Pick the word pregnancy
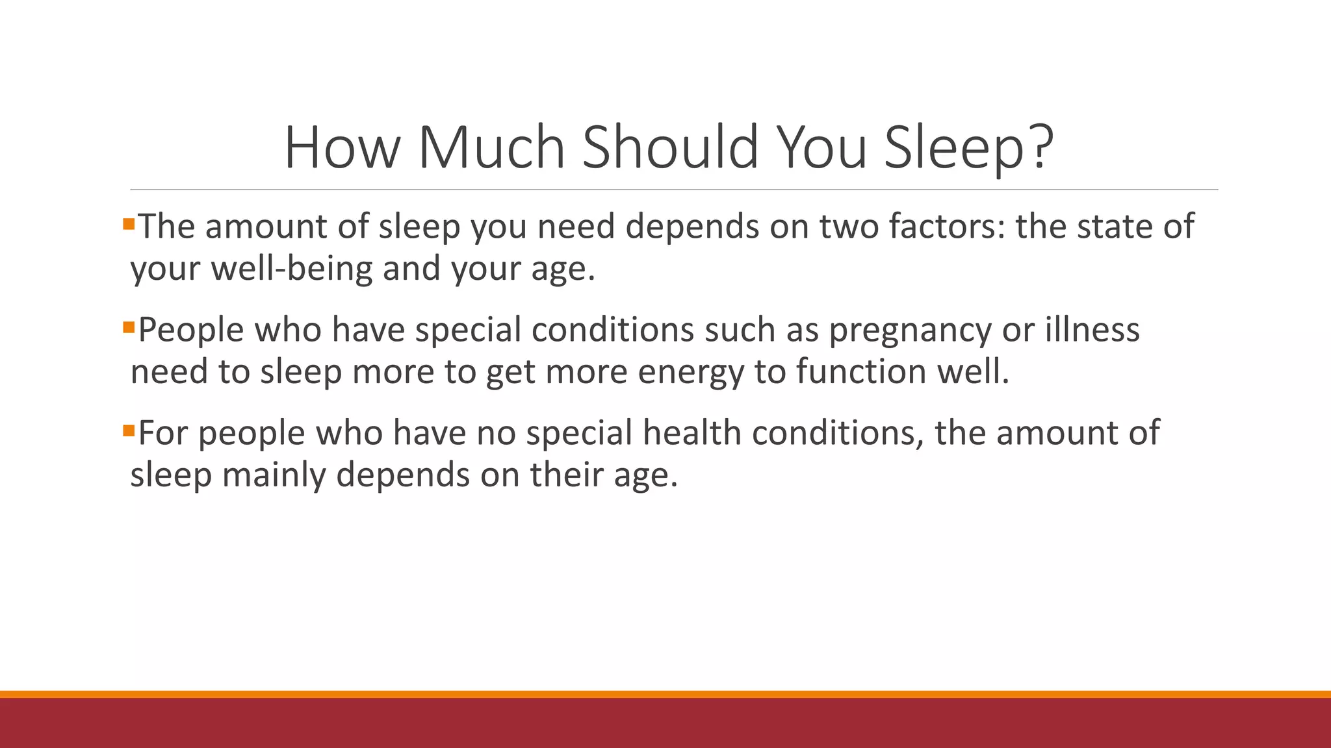(x=910, y=330)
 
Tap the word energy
(x=690, y=371)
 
